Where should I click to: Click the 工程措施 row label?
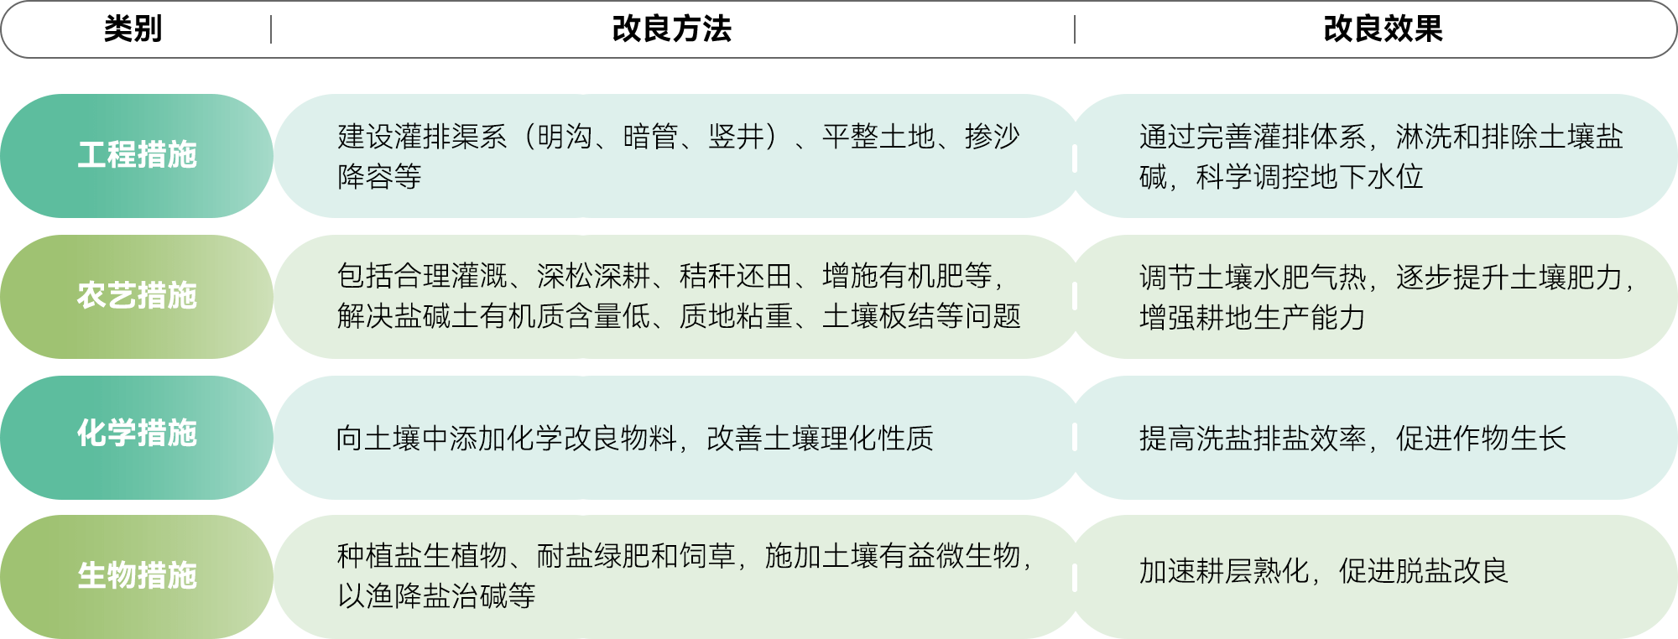pos(137,155)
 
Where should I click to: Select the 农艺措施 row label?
pos(137,296)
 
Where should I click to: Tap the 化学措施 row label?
pos(137,434)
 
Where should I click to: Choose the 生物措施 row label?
pos(137,576)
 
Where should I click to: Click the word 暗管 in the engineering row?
pos(650,136)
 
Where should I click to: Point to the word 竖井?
pos(736,136)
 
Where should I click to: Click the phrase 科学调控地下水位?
pos(1310,177)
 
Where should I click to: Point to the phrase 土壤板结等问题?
pos(921,316)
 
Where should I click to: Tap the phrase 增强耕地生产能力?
pos(1252,318)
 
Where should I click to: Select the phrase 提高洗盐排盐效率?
pos(1252,439)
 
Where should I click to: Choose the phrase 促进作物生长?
pos(1481,439)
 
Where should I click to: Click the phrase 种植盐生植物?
pos(422,555)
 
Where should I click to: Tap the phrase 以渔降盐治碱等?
pos(436,596)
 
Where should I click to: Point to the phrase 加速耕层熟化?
pos(1223,571)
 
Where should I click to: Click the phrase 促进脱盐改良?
pos(1423,571)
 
